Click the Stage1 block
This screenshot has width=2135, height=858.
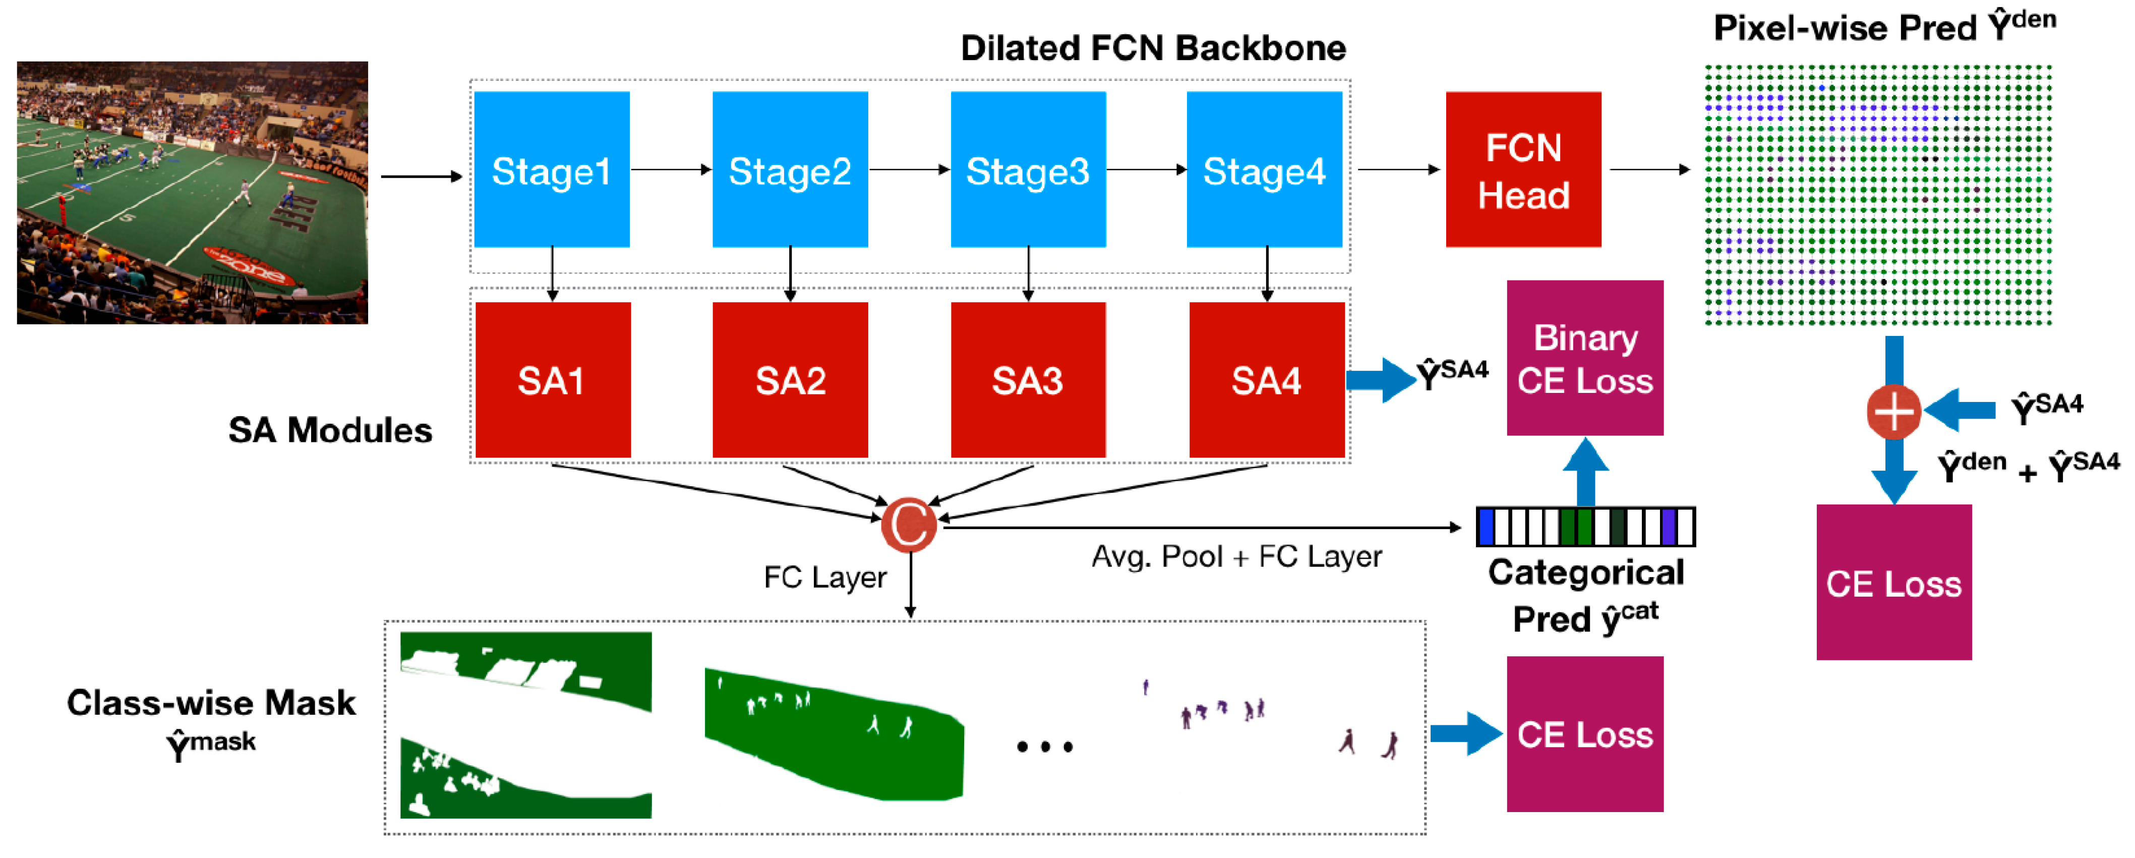551,170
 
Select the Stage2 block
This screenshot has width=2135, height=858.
790,170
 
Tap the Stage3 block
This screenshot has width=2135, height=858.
1028,170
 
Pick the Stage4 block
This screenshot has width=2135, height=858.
1264,170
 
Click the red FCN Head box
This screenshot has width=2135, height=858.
1523,170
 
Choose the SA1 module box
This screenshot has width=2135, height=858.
553,380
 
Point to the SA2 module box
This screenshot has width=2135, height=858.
790,380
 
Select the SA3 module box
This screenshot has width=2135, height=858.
1028,380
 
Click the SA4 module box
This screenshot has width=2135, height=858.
1266,380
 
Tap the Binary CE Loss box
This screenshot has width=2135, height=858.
1585,358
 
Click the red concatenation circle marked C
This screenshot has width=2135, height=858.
909,525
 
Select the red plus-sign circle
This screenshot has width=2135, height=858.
1894,411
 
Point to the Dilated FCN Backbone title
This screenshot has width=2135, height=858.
1153,48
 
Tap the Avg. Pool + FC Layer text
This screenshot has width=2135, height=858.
1236,557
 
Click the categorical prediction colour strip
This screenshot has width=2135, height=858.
1585,527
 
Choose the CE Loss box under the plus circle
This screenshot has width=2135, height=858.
1894,583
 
